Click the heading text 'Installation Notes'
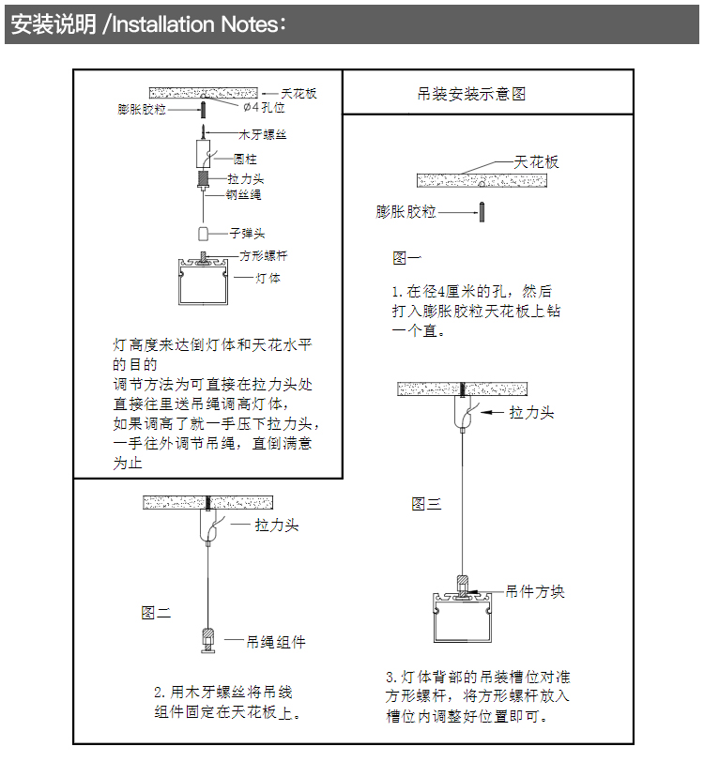pos(193,24)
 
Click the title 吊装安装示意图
pos(470,94)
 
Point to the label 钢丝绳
pos(243,195)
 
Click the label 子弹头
pos(247,233)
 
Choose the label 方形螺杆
pos(263,255)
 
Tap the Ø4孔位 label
pos(264,109)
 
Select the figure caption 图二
pos(156,613)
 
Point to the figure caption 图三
pos(426,504)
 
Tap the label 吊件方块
pos(535,592)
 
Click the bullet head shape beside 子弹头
pos(203,233)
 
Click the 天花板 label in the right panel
pos(536,161)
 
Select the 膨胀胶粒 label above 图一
pos(406,212)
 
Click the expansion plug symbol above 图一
pos(481,212)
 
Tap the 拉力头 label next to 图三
pos(531,412)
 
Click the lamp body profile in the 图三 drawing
pos(464,619)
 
